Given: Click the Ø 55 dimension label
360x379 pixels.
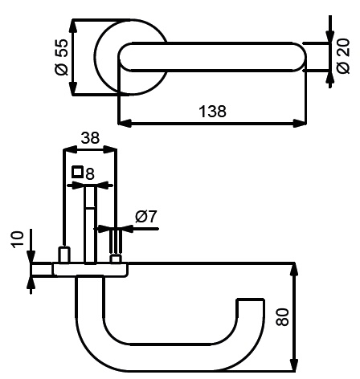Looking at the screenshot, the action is point(61,57).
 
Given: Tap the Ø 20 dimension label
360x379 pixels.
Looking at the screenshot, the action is point(343,56).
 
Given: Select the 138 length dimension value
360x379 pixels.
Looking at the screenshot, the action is point(212,112).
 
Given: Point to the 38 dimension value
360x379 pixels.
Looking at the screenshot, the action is point(90,138).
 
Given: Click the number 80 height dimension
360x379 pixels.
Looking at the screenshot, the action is point(283,317).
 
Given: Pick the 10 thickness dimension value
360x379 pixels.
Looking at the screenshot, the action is point(18,240).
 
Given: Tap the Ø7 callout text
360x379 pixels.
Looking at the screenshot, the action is point(146,216).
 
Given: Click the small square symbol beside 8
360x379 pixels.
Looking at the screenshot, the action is point(77,172).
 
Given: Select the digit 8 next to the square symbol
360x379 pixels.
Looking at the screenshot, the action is point(90,174).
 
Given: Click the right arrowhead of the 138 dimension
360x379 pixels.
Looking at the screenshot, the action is point(300,124).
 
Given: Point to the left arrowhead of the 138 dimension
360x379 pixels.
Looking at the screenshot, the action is point(125,124).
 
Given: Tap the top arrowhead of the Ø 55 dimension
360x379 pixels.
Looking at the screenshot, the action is point(73,26).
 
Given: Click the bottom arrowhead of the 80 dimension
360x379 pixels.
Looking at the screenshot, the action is point(295,365).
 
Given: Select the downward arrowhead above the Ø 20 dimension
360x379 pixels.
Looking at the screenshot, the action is point(330,36).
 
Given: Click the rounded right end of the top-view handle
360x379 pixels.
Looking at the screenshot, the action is point(299,56).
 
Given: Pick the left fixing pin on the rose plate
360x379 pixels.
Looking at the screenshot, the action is point(64,255).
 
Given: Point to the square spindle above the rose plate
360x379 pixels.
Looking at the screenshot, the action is point(90,224).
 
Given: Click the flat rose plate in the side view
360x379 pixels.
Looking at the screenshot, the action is point(90,270).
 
